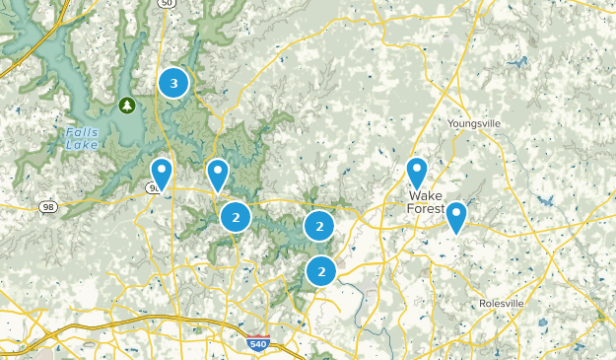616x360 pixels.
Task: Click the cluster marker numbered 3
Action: (x=174, y=83)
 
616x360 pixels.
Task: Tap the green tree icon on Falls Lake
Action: (x=126, y=105)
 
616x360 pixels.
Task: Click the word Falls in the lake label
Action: (x=82, y=132)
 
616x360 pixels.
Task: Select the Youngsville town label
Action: (x=474, y=123)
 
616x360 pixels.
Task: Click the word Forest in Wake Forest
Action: (x=427, y=208)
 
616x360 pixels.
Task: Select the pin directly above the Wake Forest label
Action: (x=417, y=173)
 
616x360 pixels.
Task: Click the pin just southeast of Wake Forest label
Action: (x=456, y=216)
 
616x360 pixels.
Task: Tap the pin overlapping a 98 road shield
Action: (x=161, y=173)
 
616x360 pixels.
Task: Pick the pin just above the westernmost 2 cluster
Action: (x=218, y=175)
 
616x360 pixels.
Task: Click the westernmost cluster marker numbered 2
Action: (x=236, y=216)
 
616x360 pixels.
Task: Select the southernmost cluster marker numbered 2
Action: (x=320, y=269)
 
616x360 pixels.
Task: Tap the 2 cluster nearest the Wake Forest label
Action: (x=318, y=226)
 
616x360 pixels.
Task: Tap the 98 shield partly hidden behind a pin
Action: (x=154, y=187)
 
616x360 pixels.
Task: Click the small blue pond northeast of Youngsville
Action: (x=513, y=64)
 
